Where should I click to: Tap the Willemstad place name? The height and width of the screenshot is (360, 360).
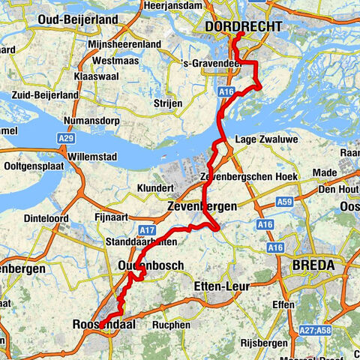96,157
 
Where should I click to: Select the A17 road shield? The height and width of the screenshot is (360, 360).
147,230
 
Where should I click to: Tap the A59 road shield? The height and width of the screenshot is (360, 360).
284,202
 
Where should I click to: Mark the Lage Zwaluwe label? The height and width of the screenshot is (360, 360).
260,139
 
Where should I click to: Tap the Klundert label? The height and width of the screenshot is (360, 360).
156,187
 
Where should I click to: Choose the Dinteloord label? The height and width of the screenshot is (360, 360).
47,219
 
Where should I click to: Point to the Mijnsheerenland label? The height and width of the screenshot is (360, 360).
125,44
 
